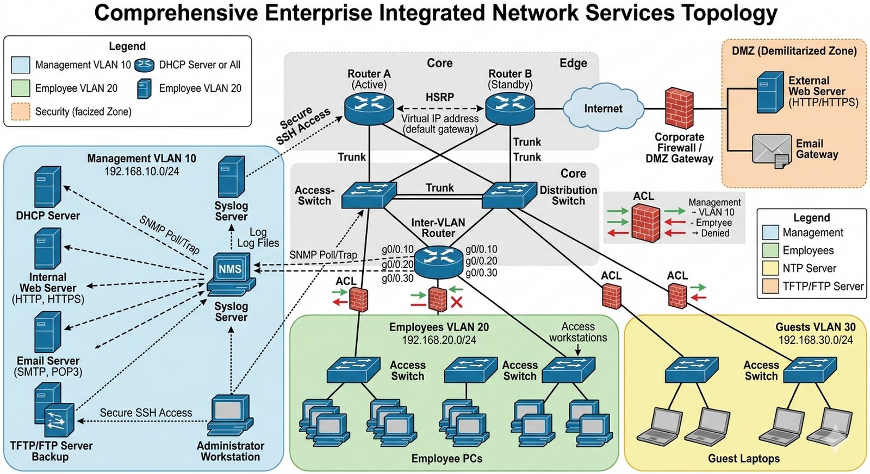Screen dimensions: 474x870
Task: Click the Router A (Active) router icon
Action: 369,109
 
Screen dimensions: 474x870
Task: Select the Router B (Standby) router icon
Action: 509,109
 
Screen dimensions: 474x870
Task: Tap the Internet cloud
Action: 602,109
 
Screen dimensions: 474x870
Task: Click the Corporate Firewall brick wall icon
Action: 679,109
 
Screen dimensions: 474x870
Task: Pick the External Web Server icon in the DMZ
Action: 769,92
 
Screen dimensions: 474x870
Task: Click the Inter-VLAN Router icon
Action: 438,262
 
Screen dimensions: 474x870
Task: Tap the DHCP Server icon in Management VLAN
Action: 47,187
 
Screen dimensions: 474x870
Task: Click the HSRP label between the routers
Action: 439,97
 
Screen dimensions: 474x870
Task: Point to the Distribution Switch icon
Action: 509,195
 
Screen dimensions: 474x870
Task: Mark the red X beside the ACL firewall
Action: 457,302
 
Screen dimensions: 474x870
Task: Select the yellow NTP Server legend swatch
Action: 770,268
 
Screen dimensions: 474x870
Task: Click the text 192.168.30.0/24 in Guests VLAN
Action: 815,340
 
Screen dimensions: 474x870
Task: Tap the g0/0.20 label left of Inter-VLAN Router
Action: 397,264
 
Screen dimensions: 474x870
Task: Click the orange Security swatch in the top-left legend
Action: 21,111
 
